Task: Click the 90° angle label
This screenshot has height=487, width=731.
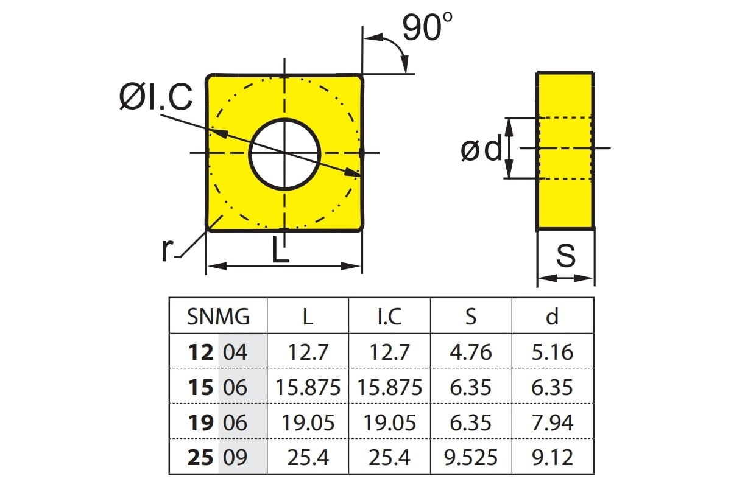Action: (x=427, y=27)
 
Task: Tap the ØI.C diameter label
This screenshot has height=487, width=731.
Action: (x=156, y=97)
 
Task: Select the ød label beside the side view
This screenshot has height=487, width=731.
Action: (x=481, y=149)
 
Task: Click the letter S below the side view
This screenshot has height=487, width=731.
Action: (x=565, y=256)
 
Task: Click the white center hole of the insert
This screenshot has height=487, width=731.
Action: (x=284, y=153)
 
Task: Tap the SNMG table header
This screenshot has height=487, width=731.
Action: (x=218, y=317)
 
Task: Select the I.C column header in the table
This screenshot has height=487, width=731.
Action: (x=389, y=317)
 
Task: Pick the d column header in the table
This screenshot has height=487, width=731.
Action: (x=552, y=316)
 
